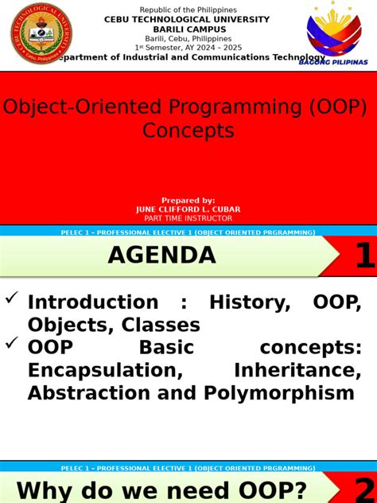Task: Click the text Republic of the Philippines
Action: click(188, 10)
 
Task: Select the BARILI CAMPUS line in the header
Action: click(188, 29)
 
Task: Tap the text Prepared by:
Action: click(188, 201)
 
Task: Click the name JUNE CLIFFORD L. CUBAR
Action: click(188, 209)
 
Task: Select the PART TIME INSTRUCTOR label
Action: click(188, 218)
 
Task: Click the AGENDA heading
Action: click(161, 255)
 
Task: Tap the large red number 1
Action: click(362, 256)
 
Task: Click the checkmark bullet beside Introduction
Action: click(12, 299)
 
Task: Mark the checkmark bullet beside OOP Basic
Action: click(12, 344)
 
